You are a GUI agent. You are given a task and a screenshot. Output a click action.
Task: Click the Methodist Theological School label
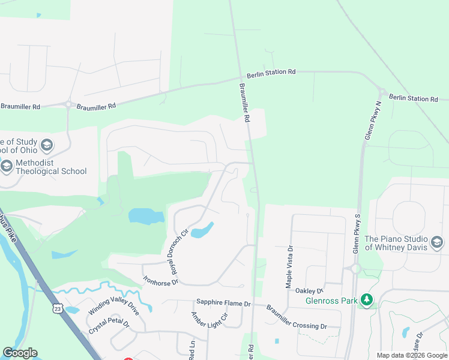(x=51, y=167)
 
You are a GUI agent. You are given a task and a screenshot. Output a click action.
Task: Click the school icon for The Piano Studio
(x=437, y=242)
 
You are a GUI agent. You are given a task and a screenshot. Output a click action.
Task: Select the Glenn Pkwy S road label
(x=357, y=233)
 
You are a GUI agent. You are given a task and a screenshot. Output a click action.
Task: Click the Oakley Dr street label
(x=310, y=290)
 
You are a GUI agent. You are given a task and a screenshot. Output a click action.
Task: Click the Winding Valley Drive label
(x=113, y=303)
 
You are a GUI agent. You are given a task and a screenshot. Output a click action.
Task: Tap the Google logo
(x=20, y=353)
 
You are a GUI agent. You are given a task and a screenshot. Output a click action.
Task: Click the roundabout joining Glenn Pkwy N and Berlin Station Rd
(x=382, y=92)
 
